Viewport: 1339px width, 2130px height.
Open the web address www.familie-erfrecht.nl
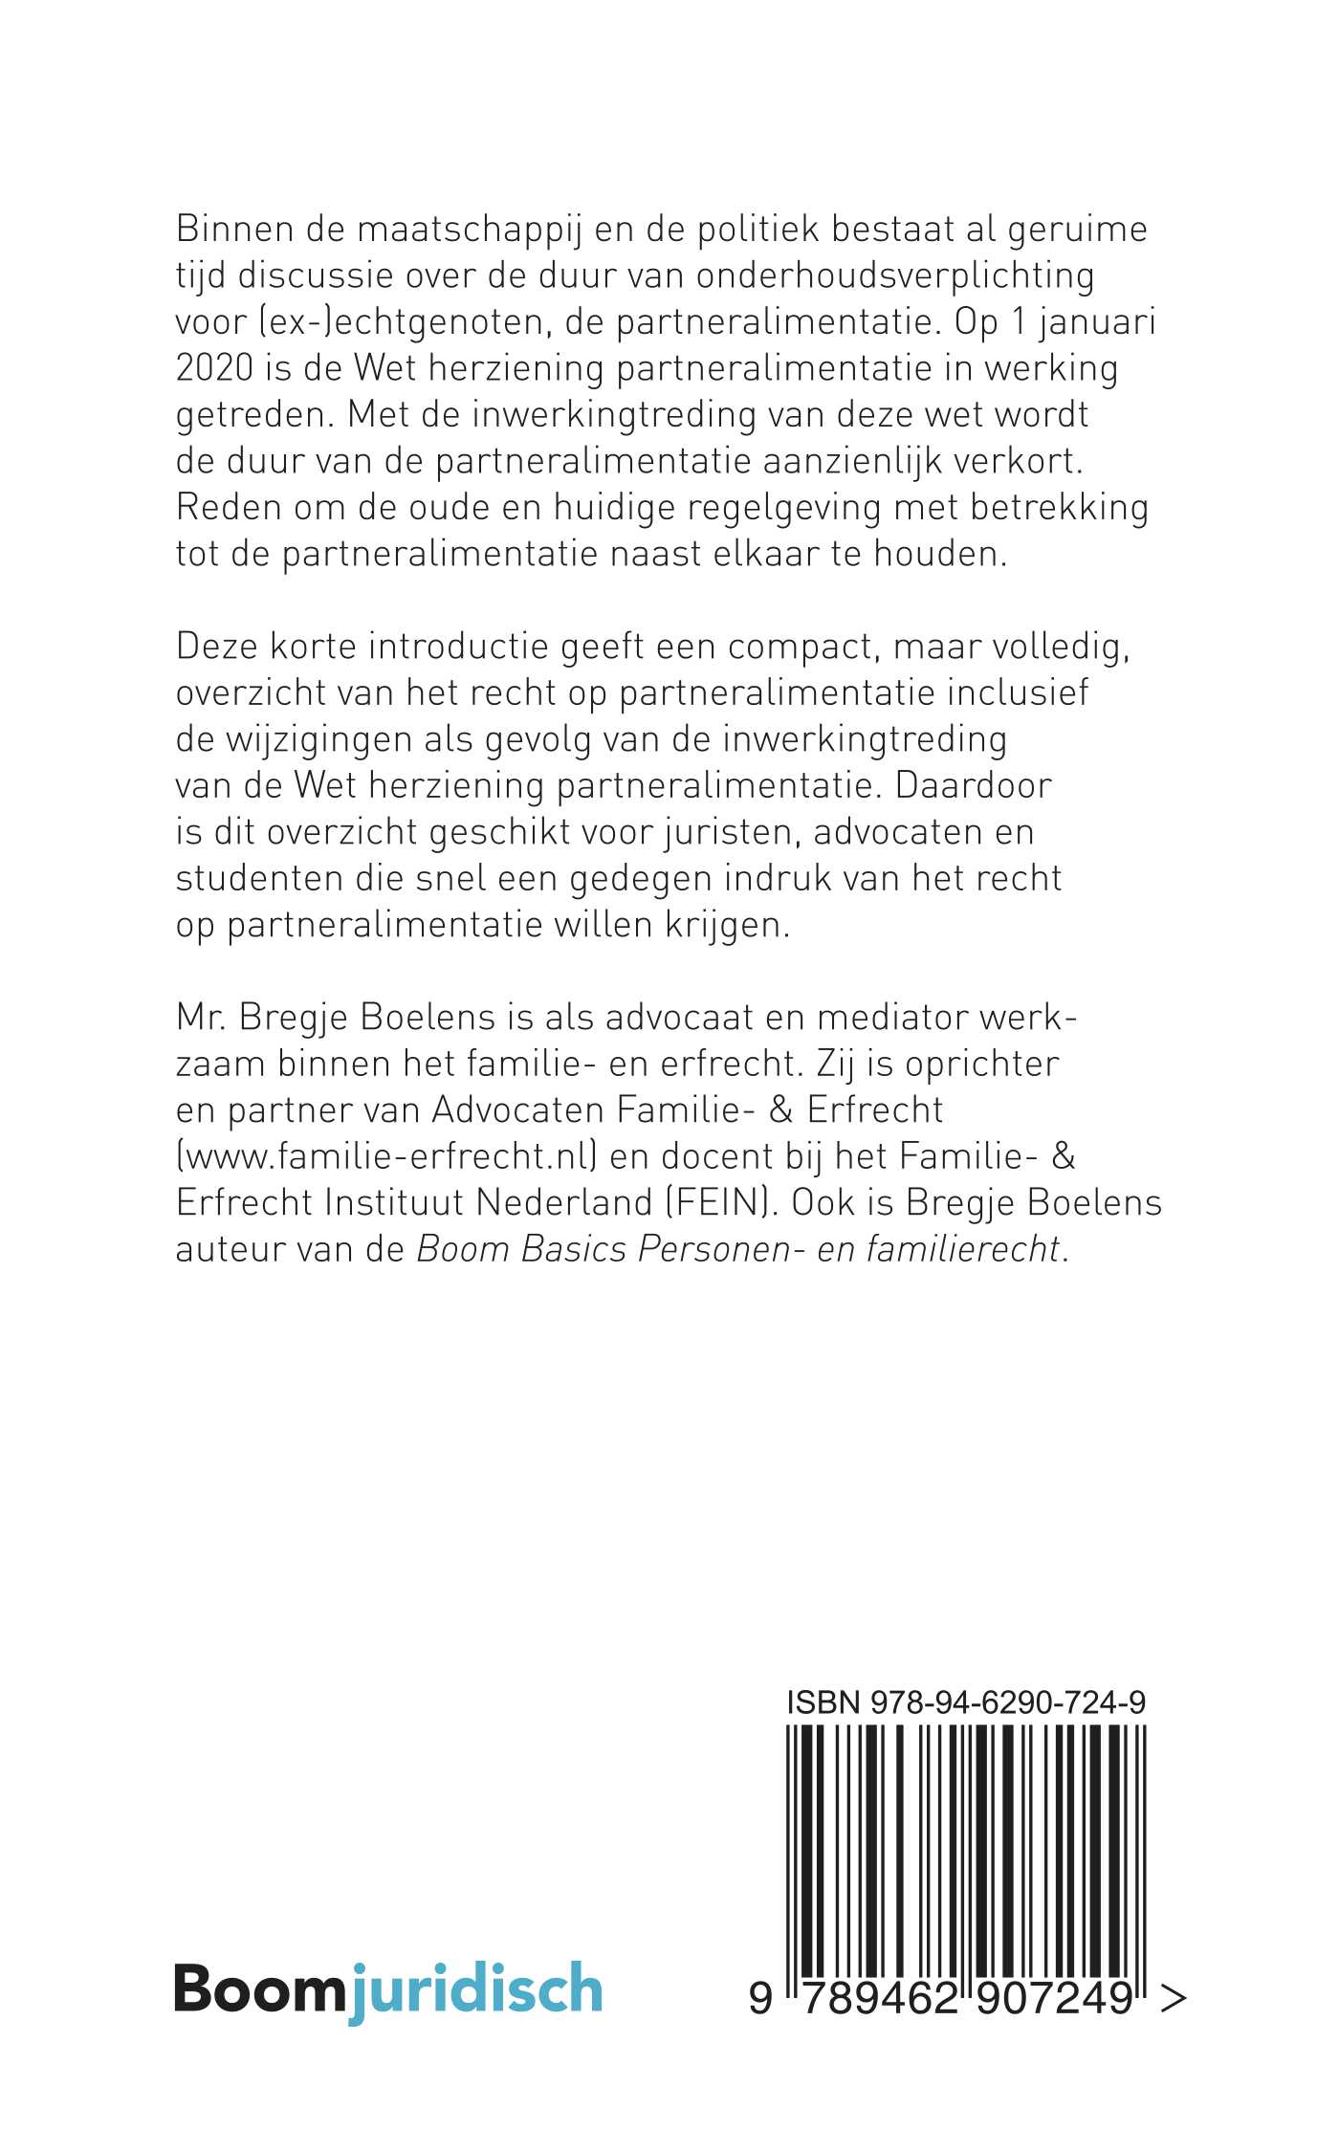pos(387,1156)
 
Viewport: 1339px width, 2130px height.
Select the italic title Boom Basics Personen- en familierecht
pos(738,1249)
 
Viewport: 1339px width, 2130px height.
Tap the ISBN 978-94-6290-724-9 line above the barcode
pos(966,1702)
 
